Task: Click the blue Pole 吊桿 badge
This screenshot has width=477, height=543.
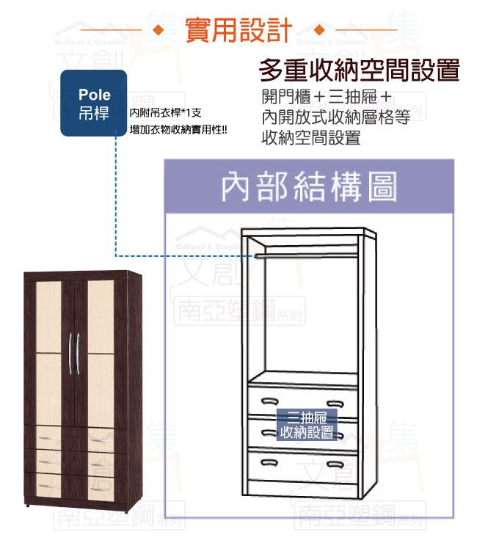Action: tap(93, 103)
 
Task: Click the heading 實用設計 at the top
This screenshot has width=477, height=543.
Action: tap(238, 32)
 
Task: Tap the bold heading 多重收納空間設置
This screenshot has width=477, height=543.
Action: tap(359, 71)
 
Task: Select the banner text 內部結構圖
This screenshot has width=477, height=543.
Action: tap(309, 187)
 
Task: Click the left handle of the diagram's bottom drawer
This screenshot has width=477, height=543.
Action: tap(268, 462)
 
